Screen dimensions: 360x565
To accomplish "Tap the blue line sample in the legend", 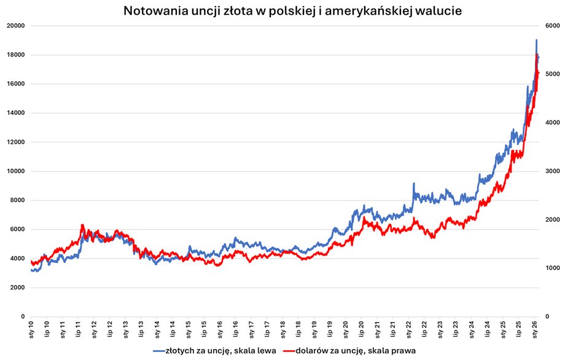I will click(x=160, y=351).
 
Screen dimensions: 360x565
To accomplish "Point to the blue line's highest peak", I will click(x=536, y=41).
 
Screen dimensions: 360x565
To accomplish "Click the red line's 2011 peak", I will click(x=82, y=225).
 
